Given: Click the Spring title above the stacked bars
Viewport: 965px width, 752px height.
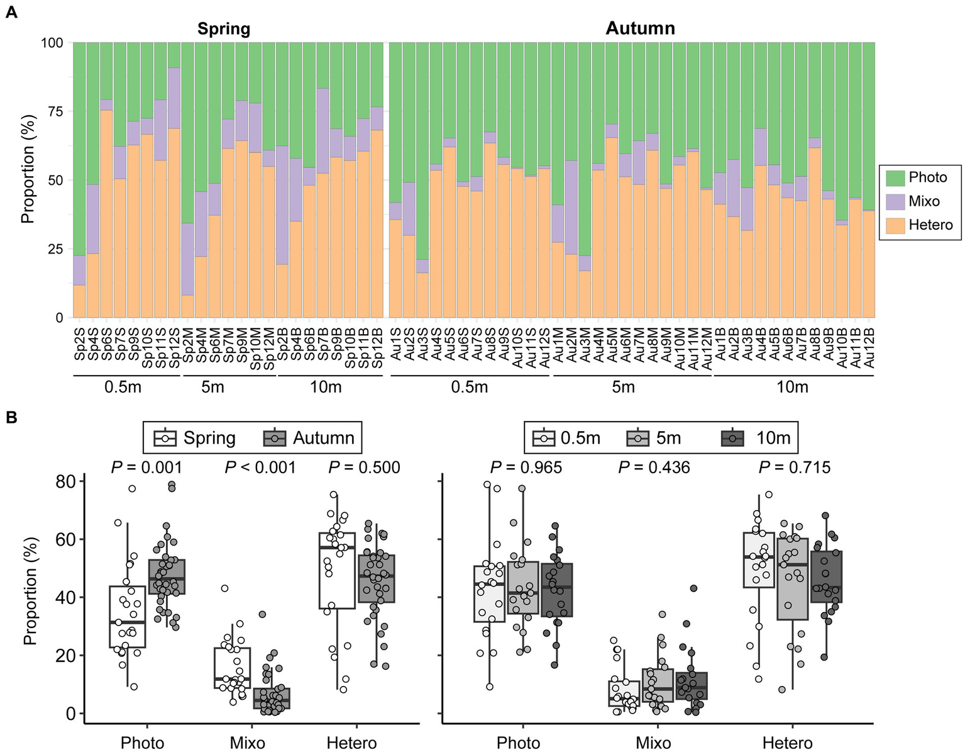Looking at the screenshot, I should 224,29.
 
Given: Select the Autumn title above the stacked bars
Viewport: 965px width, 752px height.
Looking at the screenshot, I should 640,28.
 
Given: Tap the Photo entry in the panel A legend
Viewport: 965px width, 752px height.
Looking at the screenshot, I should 927,177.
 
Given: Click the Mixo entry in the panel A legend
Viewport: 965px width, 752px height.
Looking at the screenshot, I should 924,201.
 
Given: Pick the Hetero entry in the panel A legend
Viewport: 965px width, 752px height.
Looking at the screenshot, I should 930,225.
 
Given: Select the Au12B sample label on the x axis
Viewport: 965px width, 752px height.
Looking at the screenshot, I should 869,347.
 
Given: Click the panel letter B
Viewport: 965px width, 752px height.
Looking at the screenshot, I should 11,417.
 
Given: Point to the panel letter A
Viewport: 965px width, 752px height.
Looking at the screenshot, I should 11,13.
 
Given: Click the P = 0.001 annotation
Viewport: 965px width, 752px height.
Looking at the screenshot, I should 146,468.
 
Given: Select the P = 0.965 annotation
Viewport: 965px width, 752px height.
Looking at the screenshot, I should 526,468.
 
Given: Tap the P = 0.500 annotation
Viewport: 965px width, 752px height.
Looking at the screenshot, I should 364,468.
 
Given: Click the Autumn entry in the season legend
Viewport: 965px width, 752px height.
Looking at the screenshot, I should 323,438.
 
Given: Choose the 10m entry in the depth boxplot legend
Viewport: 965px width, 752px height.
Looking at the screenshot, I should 773,438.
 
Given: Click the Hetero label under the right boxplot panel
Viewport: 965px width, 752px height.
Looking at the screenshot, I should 787,743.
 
